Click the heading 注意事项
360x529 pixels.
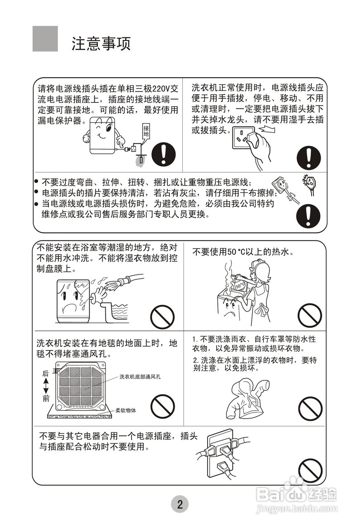pyautogui.click(x=101, y=44)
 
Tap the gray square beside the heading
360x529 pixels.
pyautogui.click(x=45, y=39)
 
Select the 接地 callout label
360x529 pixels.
pyautogui.click(x=146, y=131)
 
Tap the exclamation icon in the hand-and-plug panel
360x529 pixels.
pyautogui.click(x=309, y=157)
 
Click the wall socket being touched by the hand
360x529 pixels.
pyautogui.click(x=243, y=138)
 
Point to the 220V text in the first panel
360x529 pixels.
pyautogui.click(x=162, y=89)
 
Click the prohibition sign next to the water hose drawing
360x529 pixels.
pyautogui.click(x=162, y=317)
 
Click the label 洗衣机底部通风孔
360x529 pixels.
pyautogui.click(x=140, y=376)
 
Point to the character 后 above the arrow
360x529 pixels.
pyautogui.click(x=45, y=373)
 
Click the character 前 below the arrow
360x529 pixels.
pyautogui.click(x=46, y=399)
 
